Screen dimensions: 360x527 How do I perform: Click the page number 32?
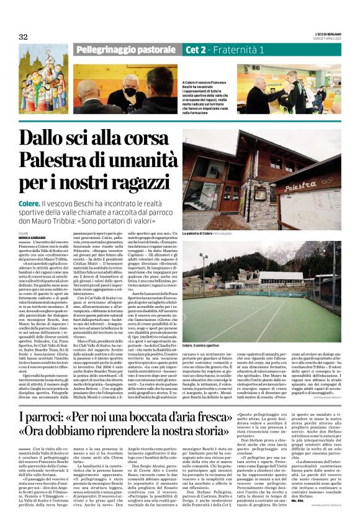tap(23, 37)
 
